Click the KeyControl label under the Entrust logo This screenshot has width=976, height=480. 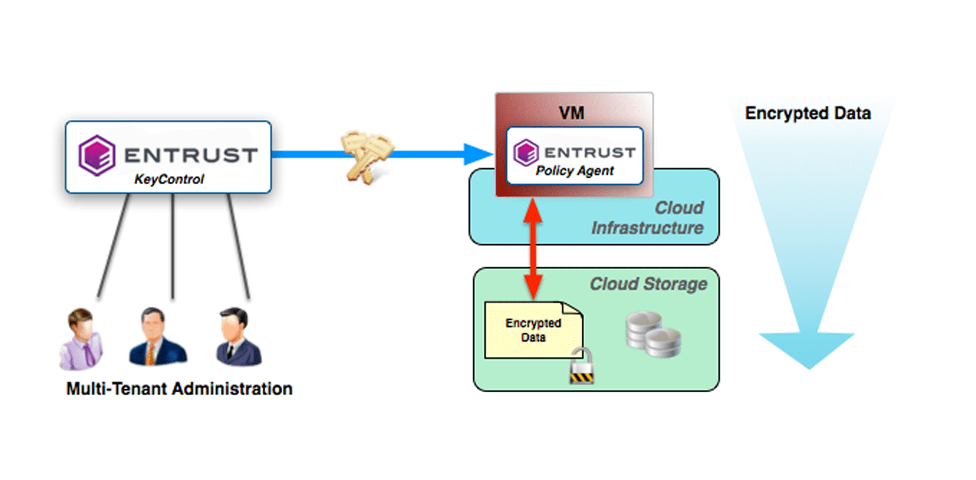(x=169, y=179)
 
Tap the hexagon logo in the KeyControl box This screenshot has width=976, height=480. (x=97, y=155)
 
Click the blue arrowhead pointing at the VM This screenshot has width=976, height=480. (x=477, y=154)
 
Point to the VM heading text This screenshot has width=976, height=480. (x=571, y=113)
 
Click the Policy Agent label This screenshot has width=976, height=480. (x=574, y=171)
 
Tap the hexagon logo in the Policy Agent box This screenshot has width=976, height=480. (x=526, y=153)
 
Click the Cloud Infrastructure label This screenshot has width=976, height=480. (x=648, y=218)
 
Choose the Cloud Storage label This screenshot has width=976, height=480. (x=648, y=284)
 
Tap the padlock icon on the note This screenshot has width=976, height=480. (x=582, y=367)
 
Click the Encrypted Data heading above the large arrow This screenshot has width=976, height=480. (x=808, y=113)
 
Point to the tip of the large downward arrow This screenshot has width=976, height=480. (x=809, y=366)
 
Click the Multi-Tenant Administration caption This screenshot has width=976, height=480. (x=179, y=389)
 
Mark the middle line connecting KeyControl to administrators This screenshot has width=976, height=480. (x=172, y=247)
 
